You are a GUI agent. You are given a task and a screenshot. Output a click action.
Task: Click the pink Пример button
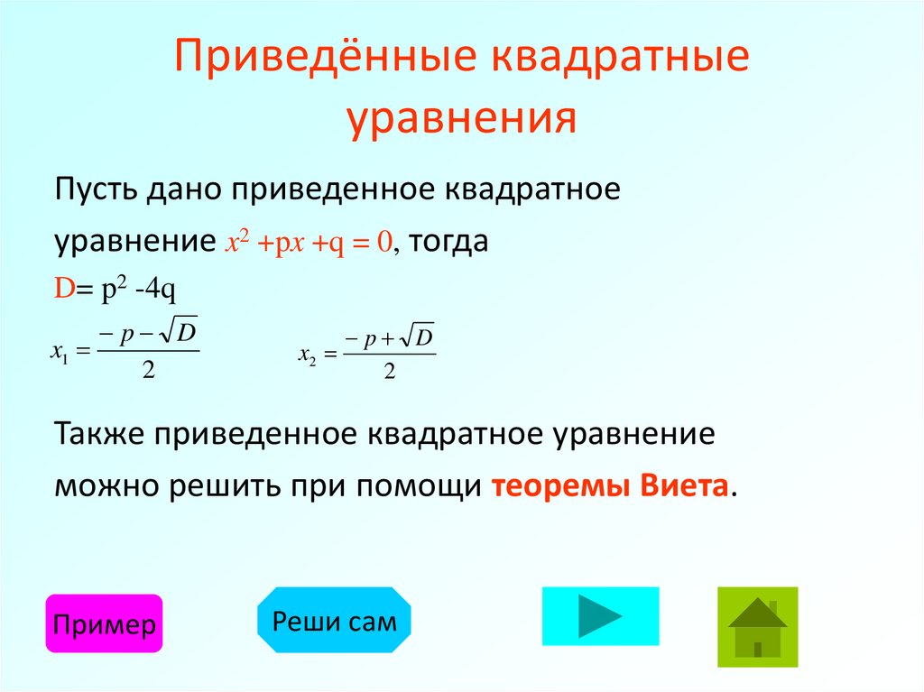pos(104,624)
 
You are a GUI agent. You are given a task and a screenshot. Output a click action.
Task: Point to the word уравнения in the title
pos(462,117)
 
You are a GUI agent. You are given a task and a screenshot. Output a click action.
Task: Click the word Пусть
pos(95,191)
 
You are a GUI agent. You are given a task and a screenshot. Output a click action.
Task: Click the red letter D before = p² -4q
pos(63,289)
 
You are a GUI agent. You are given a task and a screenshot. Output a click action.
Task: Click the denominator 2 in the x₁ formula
pos(148,370)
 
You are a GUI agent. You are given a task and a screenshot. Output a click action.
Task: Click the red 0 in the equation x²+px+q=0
pos(383,243)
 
